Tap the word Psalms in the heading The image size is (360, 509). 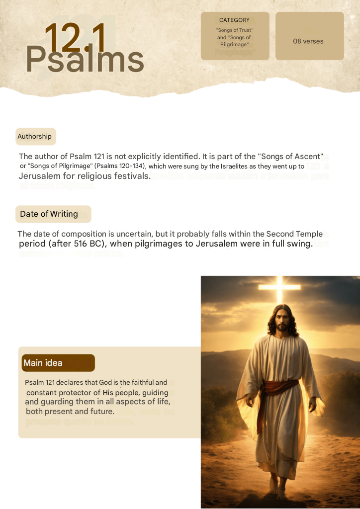85,60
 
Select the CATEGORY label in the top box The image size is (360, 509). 234,20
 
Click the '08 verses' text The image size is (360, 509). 308,41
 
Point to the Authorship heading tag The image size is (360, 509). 35,136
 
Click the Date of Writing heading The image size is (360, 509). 49,214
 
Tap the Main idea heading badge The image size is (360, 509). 43,363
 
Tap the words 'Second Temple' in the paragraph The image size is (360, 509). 294,234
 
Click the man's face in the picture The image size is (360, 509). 282,323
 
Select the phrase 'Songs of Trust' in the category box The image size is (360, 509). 235,30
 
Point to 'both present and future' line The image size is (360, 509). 70,412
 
